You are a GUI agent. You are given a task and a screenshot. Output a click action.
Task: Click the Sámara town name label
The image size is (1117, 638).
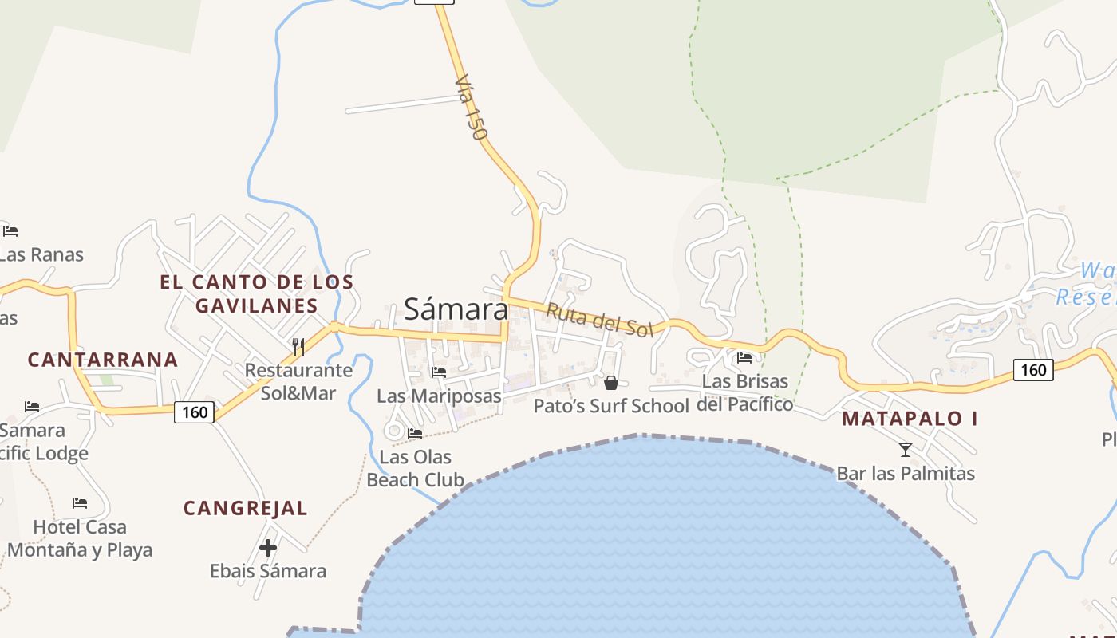(x=456, y=309)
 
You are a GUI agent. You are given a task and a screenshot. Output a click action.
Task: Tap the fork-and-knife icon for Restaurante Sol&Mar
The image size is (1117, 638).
(x=298, y=346)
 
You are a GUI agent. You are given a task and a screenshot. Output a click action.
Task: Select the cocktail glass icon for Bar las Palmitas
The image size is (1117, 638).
(x=906, y=450)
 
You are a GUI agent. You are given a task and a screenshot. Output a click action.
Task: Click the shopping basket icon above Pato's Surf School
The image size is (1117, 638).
(x=611, y=383)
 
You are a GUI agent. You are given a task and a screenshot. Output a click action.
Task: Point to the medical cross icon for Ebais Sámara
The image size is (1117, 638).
(x=268, y=548)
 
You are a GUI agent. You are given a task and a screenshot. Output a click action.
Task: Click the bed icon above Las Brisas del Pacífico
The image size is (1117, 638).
(x=744, y=358)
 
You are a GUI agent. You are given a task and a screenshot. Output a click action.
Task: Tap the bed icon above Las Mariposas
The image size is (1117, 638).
(x=439, y=372)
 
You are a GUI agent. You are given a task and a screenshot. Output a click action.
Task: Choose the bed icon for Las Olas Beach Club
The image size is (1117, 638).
(x=415, y=434)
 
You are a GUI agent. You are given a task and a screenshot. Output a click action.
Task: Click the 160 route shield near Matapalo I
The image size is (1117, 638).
(x=1033, y=370)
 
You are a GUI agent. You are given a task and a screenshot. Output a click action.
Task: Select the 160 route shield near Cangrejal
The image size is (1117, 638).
(x=194, y=412)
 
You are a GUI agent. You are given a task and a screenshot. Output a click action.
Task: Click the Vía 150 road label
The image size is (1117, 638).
(x=471, y=108)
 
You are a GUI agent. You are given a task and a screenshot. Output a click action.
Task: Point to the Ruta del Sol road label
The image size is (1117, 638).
(x=599, y=320)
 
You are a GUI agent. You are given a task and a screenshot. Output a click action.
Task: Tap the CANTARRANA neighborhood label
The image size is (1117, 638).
(x=103, y=360)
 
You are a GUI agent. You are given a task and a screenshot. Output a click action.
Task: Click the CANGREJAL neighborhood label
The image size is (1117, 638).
(x=246, y=509)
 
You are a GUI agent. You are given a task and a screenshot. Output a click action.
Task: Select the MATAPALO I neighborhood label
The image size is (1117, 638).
(x=910, y=419)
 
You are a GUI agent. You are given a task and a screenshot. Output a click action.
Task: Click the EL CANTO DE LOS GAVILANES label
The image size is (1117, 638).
(x=256, y=293)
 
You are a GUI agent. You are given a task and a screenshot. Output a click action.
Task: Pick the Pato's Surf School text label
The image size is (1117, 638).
(x=611, y=406)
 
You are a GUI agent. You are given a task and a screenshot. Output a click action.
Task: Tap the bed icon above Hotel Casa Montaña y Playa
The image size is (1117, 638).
(x=80, y=503)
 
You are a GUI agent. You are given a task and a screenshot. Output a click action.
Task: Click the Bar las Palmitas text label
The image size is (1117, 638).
(x=906, y=474)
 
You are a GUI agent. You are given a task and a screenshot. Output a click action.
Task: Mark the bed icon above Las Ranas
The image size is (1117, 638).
(x=10, y=231)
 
